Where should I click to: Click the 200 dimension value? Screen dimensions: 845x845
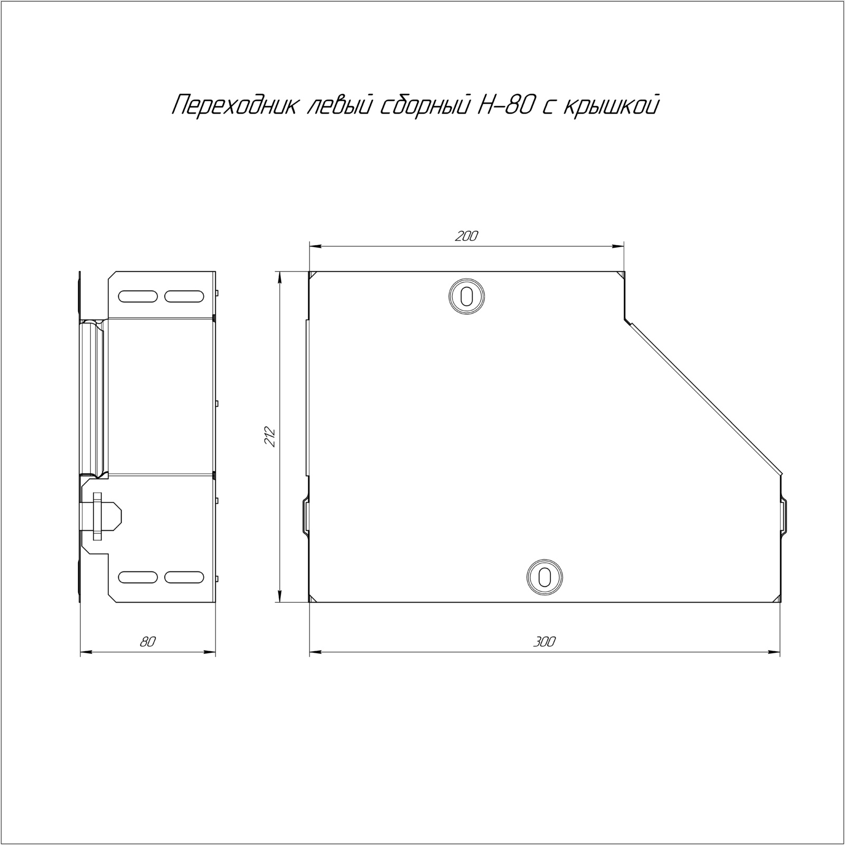(466, 236)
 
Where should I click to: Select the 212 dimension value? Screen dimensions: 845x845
(270, 436)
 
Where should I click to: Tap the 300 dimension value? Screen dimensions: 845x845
(544, 642)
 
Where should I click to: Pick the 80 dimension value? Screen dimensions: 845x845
(148, 642)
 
